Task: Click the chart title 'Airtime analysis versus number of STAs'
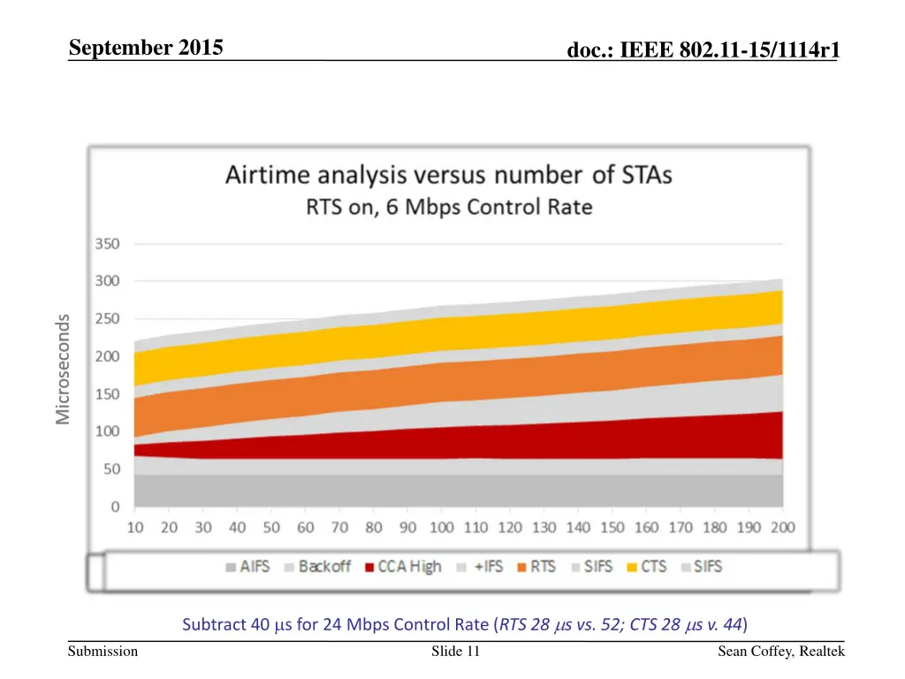(x=448, y=175)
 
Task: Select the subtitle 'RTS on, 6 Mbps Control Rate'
(x=449, y=209)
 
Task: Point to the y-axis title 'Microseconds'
(x=63, y=369)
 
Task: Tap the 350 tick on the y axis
(x=109, y=244)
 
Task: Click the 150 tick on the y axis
(x=109, y=394)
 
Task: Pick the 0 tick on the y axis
(x=115, y=507)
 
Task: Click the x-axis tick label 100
(x=441, y=528)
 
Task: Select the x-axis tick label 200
(x=782, y=528)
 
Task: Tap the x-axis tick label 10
(x=134, y=528)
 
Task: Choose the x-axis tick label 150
(x=612, y=528)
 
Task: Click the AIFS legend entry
(x=248, y=567)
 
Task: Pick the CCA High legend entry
(x=402, y=567)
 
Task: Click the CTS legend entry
(x=645, y=567)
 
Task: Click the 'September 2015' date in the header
(x=147, y=50)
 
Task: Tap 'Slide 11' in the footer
(x=455, y=652)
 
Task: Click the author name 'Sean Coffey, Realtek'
(x=781, y=652)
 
